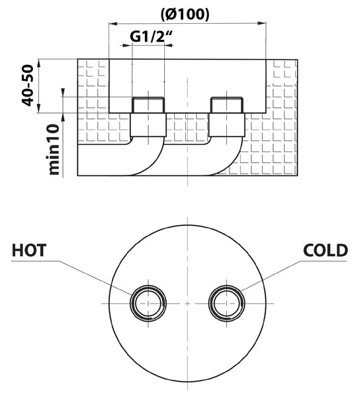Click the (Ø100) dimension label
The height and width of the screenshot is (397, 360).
185,15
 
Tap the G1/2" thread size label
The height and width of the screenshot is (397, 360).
151,36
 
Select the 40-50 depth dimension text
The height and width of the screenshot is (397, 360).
28,85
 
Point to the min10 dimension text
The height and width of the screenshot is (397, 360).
54,149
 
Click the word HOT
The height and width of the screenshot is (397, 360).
29,250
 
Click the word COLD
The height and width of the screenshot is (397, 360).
326,250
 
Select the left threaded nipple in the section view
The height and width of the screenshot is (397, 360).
148,105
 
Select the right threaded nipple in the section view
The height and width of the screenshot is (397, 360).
227,105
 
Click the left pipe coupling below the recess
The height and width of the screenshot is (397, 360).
148,125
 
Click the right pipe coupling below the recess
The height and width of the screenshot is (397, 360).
227,125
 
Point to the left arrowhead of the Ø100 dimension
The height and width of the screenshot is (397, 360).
112,24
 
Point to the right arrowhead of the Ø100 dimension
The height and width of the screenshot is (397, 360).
262,24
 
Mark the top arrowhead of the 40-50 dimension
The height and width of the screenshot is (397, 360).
38,63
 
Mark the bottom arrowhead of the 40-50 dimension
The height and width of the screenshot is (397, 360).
38,109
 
